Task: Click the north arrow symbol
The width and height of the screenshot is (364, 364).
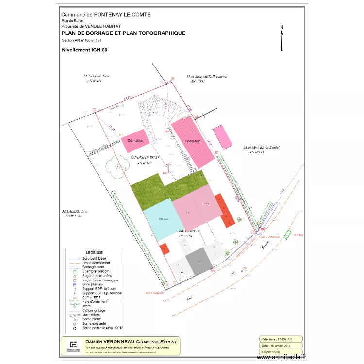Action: pos(281,39)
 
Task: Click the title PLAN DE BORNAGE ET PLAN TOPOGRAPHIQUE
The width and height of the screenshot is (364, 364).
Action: pos(123,33)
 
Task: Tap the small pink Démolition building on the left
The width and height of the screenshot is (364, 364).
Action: pos(135,140)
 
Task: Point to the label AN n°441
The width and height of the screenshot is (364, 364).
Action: pos(94,81)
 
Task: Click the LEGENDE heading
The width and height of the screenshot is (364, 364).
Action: pos(94,253)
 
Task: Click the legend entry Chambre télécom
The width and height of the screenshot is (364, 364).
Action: pos(96,271)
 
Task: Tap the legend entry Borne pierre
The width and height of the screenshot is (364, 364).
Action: pos(93,319)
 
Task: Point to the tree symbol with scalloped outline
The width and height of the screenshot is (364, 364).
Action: pos(118,166)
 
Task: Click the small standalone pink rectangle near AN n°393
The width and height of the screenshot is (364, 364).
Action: pos(223,137)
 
